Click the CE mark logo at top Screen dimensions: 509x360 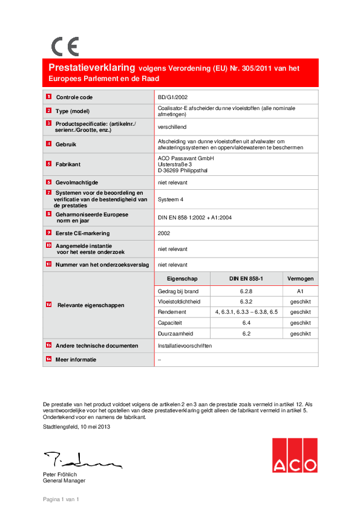(x=65, y=47)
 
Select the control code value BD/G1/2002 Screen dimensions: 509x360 (x=172, y=97)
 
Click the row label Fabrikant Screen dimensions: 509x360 (x=68, y=164)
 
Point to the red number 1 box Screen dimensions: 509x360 (x=48, y=97)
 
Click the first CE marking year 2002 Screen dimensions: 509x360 (x=164, y=233)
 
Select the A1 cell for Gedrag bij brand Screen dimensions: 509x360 (x=300, y=291)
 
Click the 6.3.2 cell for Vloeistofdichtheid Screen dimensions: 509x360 (x=246, y=301)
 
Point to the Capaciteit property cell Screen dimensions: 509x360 (x=171, y=323)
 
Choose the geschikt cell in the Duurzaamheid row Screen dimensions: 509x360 (x=300, y=333)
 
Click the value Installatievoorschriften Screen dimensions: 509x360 (x=185, y=346)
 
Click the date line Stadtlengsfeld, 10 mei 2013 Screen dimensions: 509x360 (x=76, y=427)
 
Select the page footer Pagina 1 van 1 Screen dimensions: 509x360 (x=61, y=499)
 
